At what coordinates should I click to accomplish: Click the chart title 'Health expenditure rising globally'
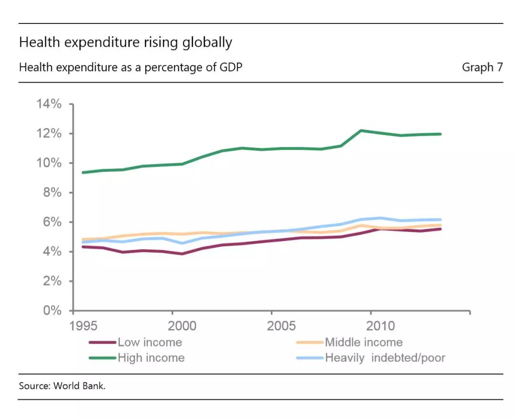[x=125, y=43]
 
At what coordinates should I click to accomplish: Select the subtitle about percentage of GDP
[x=131, y=67]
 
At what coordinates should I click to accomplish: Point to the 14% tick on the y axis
[x=49, y=104]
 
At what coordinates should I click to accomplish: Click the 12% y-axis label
[x=49, y=134]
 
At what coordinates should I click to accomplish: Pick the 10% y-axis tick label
[x=49, y=163]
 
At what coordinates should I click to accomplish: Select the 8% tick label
[x=52, y=193]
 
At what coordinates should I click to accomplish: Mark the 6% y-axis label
[x=52, y=222]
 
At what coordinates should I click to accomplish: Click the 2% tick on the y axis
[x=52, y=281]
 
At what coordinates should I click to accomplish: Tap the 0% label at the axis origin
[x=52, y=310]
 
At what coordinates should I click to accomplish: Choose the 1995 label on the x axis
[x=83, y=326]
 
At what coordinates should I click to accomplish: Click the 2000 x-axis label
[x=182, y=326]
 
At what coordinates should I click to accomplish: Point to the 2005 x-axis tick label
[x=281, y=326]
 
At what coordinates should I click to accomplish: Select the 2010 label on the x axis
[x=381, y=326]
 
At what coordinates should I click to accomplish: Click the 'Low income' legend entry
[x=135, y=343]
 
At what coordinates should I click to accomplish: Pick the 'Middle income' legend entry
[x=350, y=343]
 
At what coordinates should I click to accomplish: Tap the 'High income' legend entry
[x=137, y=358]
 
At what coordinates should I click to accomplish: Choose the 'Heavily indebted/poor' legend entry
[x=371, y=358]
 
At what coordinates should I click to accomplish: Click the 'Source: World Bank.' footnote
[x=62, y=386]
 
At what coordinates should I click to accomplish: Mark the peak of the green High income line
[x=360, y=131]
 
